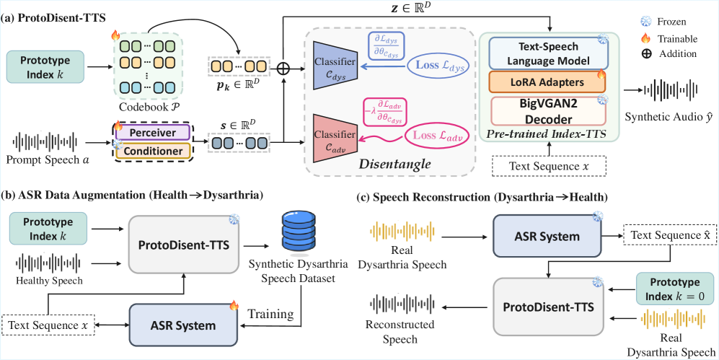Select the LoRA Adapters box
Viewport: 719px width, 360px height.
tap(547, 82)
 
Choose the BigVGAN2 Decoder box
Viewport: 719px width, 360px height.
tap(547, 110)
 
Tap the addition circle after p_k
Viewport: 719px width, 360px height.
tap(283, 66)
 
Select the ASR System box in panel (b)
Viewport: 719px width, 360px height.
tap(183, 325)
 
